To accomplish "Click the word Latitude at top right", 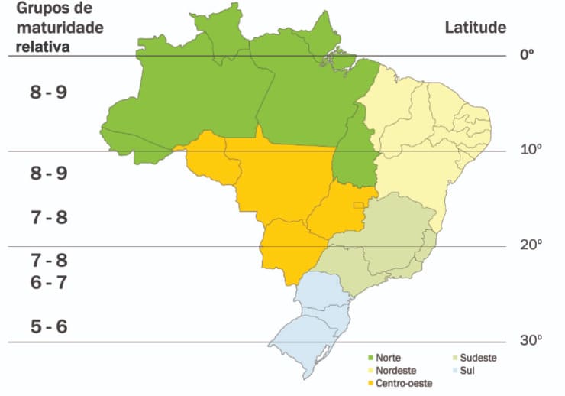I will click(x=475, y=28).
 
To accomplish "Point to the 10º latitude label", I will click(x=530, y=149).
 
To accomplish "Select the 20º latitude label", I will click(x=530, y=245).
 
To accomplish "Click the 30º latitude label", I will click(x=530, y=340).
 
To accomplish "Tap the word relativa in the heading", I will click(x=35, y=46).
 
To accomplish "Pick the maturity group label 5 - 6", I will click(x=49, y=326).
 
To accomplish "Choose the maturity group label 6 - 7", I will click(x=49, y=282).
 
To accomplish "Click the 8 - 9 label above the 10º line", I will click(x=49, y=93).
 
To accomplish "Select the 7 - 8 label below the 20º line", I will click(x=49, y=260).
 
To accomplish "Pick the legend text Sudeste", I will click(x=479, y=357).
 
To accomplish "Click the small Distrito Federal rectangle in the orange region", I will click(x=357, y=205).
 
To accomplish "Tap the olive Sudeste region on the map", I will click(x=382, y=245).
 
